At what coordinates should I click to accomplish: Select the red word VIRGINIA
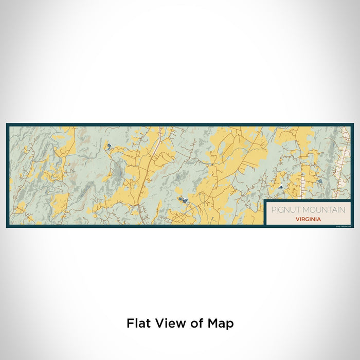tap(309, 219)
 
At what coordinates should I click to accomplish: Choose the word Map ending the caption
tap(221, 324)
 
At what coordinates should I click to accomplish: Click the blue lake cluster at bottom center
tap(181, 200)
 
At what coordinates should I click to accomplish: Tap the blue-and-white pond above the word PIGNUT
tap(280, 187)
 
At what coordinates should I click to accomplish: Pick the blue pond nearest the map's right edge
tap(319, 181)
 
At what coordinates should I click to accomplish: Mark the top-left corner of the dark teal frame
tap(7, 124)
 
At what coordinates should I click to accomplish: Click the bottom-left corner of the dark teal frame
tap(7, 227)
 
